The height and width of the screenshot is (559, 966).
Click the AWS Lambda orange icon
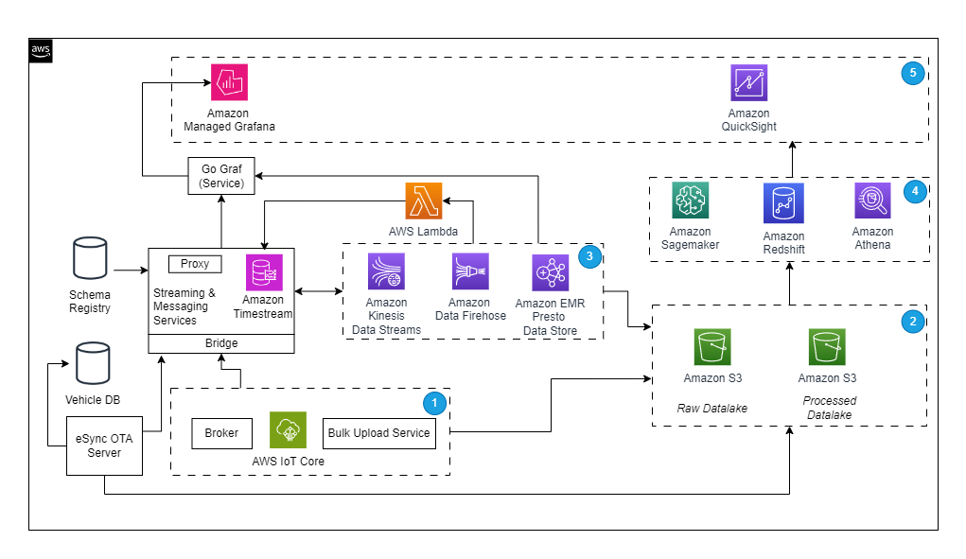[424, 201]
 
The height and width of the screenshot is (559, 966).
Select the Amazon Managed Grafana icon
[229, 83]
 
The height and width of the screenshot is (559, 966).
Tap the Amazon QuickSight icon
[749, 83]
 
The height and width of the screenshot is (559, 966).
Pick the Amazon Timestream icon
[264, 272]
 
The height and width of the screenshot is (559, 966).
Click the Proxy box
[195, 264]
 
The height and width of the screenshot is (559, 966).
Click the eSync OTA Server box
[104, 445]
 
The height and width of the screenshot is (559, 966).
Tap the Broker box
[221, 433]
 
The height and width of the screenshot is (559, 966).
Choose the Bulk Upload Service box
[378, 433]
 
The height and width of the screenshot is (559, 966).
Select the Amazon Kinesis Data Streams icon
[386, 271]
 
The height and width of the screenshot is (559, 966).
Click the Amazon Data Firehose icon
[470, 271]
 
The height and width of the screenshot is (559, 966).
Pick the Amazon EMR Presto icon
[550, 271]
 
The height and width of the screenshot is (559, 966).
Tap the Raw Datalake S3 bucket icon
[712, 347]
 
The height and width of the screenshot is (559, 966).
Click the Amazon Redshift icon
[783, 203]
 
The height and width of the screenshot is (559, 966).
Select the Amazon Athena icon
[871, 201]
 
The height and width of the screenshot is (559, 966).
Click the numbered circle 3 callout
[590, 256]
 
